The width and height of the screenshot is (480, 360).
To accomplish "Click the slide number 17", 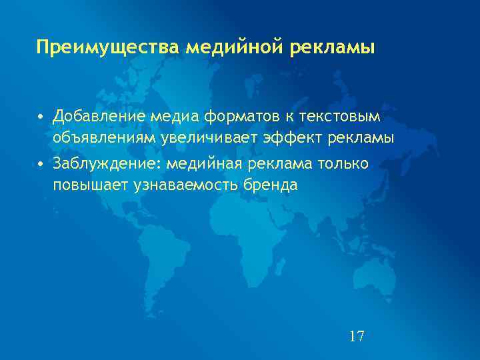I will (357, 335).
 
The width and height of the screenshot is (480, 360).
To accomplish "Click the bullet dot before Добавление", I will (41, 117).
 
